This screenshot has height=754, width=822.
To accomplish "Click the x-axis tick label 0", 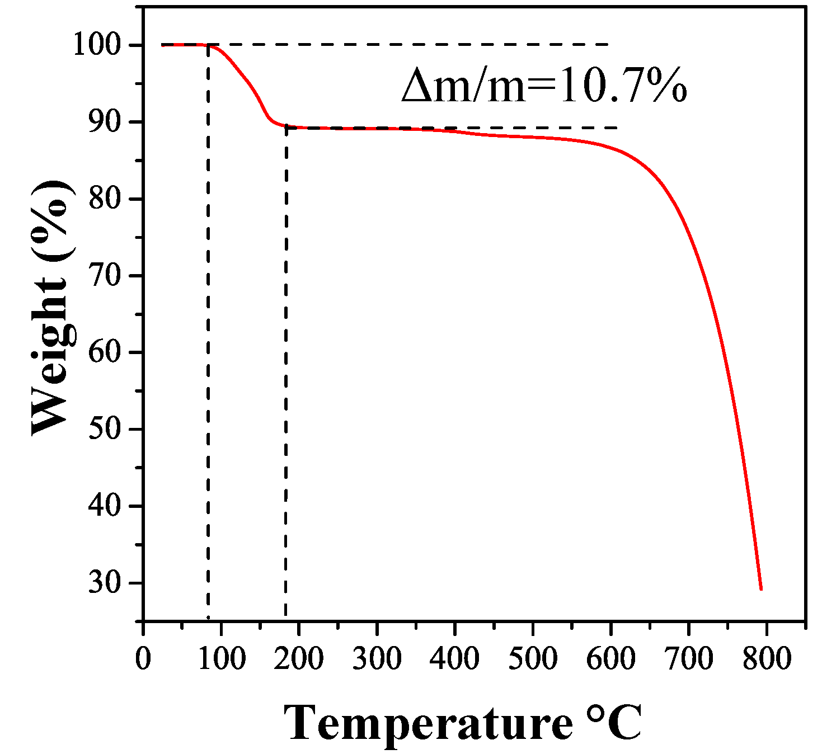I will click(x=143, y=658).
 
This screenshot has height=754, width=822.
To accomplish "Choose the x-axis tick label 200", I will click(x=299, y=658).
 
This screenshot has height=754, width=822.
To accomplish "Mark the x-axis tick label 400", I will click(x=454, y=658).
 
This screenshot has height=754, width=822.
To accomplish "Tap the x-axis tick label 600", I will click(x=610, y=658).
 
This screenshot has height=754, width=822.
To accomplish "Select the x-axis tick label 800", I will click(x=766, y=658).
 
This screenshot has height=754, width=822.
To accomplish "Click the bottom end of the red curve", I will click(x=761, y=588).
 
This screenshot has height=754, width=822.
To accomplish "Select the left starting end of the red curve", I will click(x=163, y=45).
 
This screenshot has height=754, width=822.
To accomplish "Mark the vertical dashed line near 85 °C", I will click(x=208, y=336).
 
